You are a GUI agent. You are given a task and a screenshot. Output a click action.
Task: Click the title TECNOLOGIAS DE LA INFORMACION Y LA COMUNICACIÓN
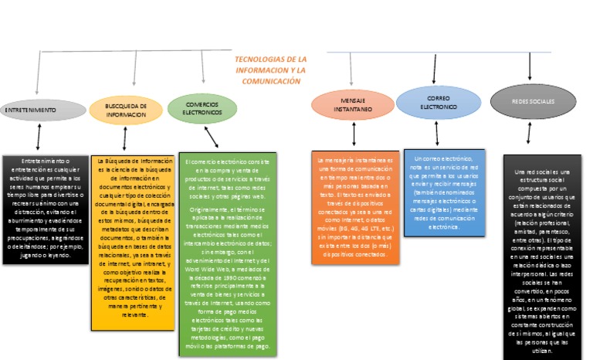tap(269, 70)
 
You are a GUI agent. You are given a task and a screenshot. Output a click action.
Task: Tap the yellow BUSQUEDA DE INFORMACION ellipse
tap(126, 110)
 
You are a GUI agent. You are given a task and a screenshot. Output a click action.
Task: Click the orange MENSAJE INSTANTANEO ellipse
tap(352, 105)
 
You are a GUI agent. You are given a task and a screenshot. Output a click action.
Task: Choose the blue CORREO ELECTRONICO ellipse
tap(439, 102)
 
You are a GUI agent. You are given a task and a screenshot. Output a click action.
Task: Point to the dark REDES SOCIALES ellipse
tap(532, 101)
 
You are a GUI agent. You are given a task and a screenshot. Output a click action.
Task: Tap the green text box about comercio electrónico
tap(229, 254)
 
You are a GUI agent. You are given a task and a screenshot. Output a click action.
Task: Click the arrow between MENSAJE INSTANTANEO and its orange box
tap(354, 134)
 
